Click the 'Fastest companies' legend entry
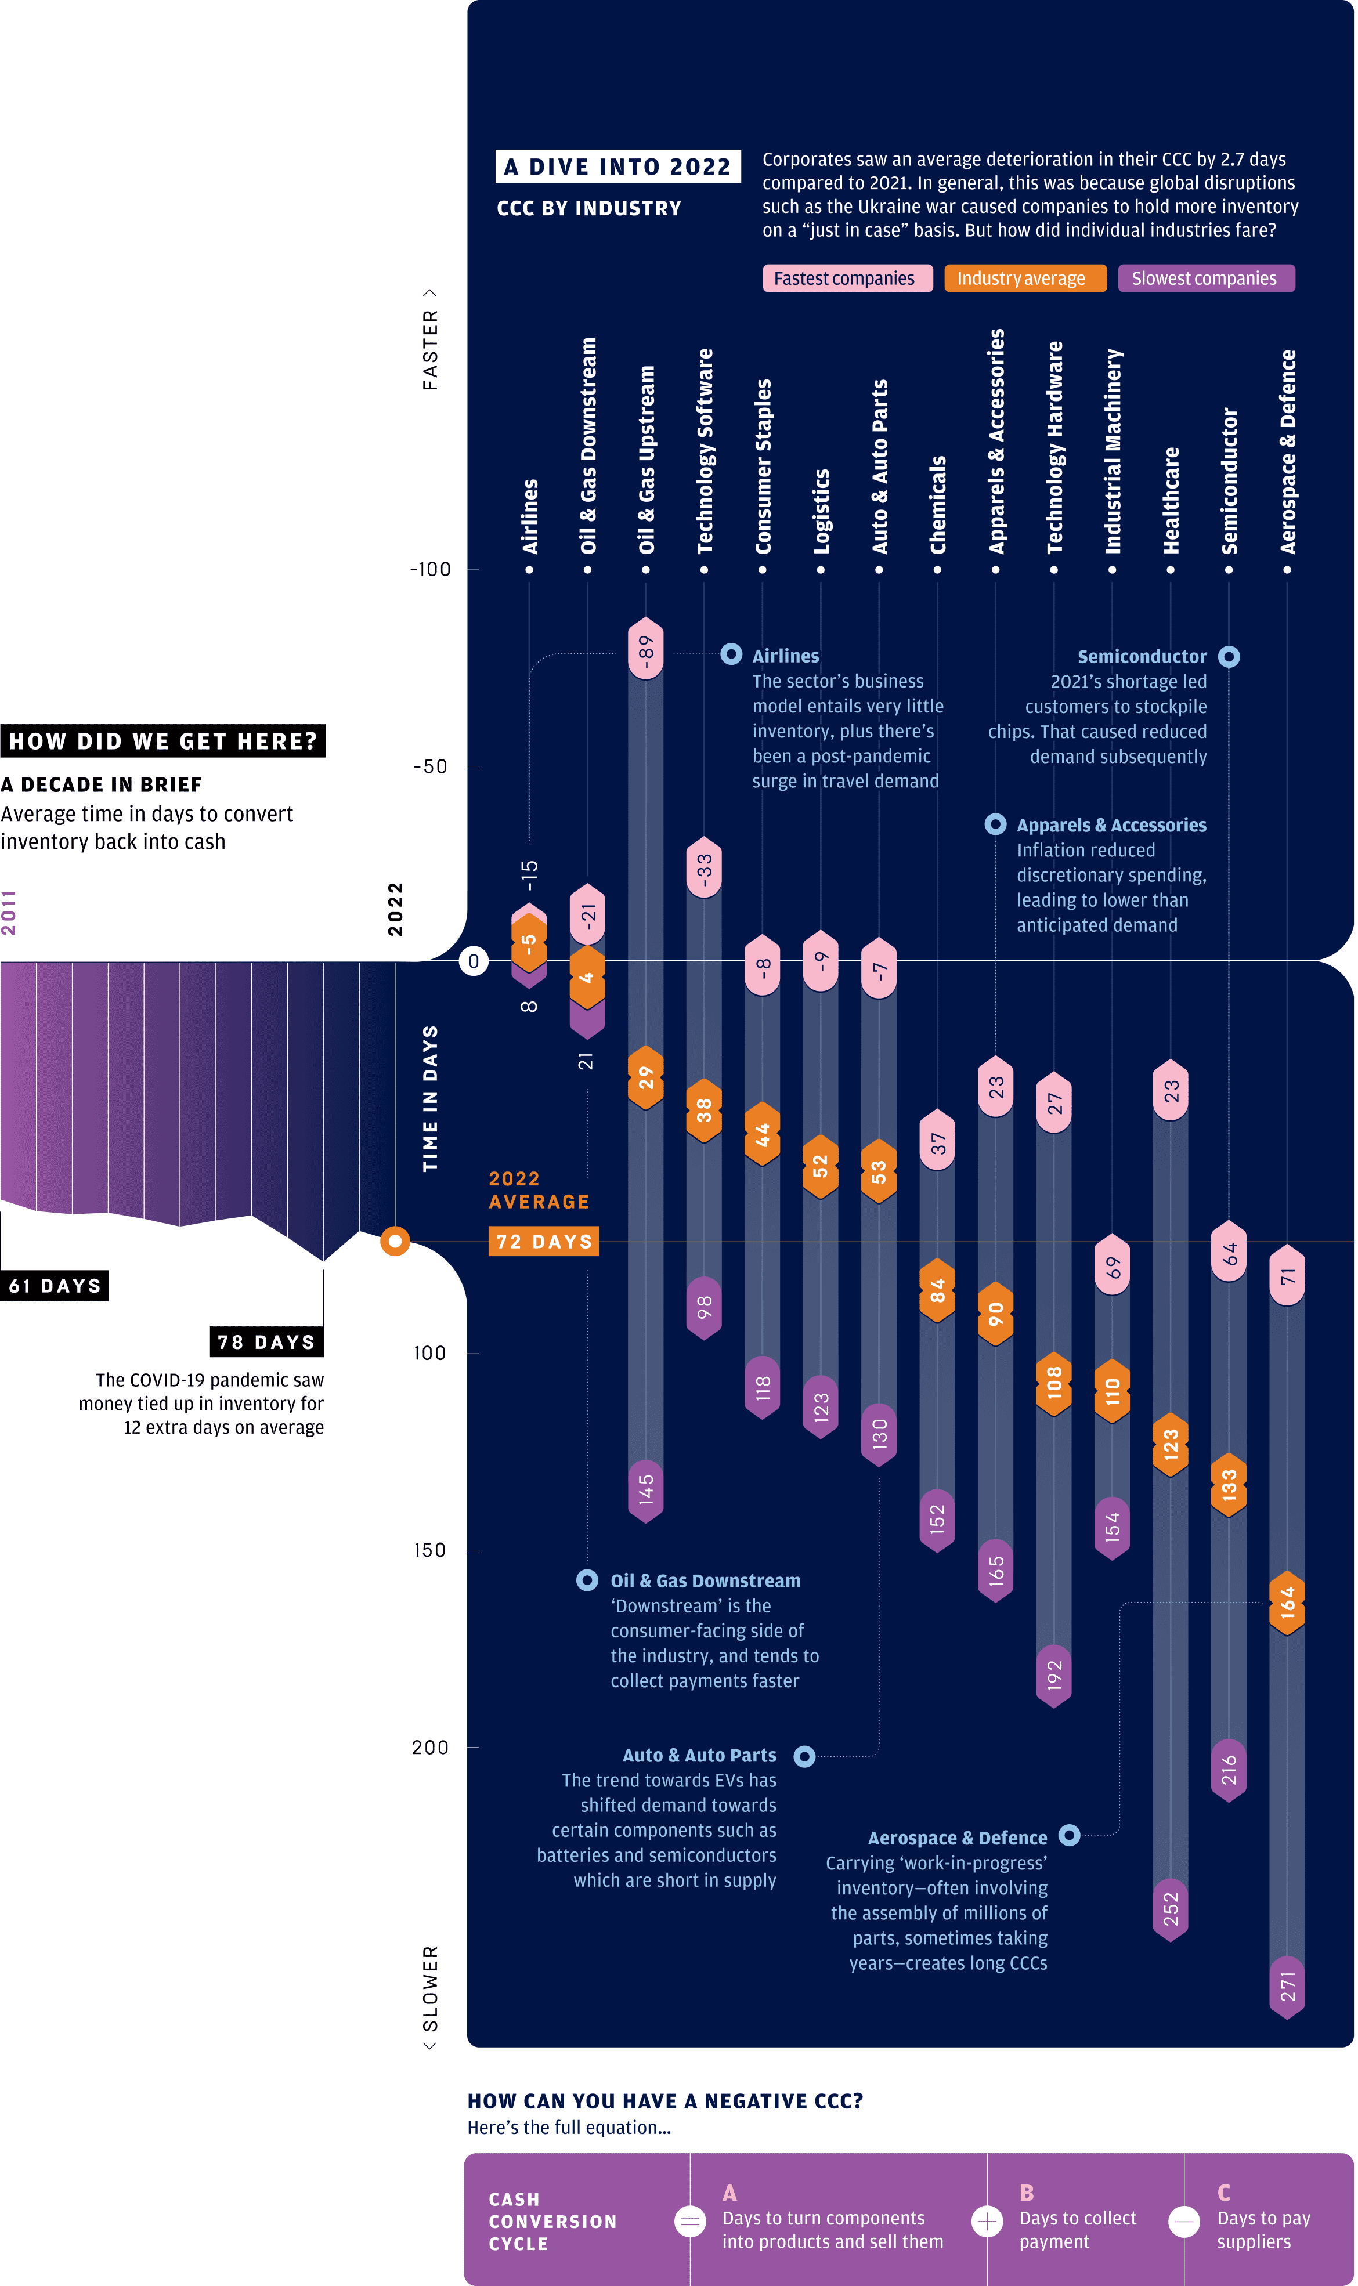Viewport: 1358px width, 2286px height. tap(847, 278)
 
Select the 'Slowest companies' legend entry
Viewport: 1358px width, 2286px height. tap(1206, 278)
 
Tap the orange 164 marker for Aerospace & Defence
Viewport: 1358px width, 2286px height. tap(1288, 1603)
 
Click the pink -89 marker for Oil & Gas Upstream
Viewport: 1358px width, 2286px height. tap(646, 649)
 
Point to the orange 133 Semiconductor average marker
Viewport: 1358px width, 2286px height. tap(1229, 1484)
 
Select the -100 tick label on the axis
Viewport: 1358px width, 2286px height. tap(430, 569)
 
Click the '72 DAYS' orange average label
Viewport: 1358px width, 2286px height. tap(544, 1241)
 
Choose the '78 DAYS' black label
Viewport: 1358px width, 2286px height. tap(266, 1342)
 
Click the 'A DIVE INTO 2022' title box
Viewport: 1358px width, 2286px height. tap(617, 167)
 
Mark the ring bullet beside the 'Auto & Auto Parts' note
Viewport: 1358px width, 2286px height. tap(804, 1756)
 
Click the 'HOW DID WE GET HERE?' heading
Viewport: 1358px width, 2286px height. tap(163, 741)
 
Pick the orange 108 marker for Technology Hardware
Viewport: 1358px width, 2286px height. tap(1054, 1383)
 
